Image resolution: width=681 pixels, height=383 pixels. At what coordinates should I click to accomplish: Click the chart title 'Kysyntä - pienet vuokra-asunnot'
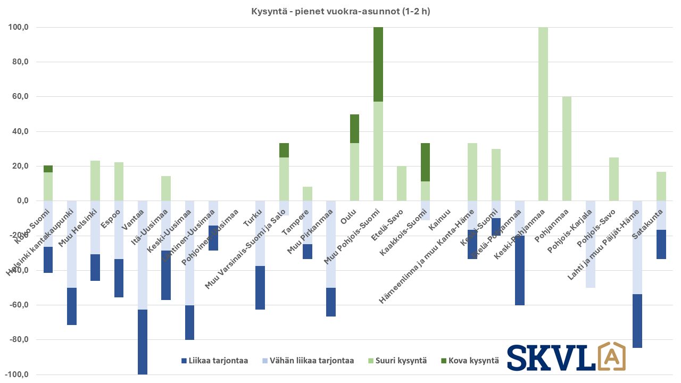[x=340, y=11]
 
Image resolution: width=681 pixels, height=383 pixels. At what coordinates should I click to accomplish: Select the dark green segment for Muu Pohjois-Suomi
[x=378, y=64]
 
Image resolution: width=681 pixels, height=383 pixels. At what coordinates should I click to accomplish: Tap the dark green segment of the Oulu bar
[x=354, y=129]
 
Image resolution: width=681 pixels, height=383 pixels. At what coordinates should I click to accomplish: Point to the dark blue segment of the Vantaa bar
[x=143, y=342]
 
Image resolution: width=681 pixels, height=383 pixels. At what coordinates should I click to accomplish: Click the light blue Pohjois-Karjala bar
[x=591, y=244]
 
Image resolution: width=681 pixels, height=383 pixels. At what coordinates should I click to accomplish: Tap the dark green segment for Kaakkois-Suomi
[x=425, y=162]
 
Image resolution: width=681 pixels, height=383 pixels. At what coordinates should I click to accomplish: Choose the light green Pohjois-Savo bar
[x=614, y=179]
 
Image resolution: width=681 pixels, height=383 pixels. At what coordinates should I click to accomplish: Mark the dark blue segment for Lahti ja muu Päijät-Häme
[x=637, y=321]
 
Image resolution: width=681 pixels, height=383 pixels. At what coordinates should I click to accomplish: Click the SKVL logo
[x=566, y=356]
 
